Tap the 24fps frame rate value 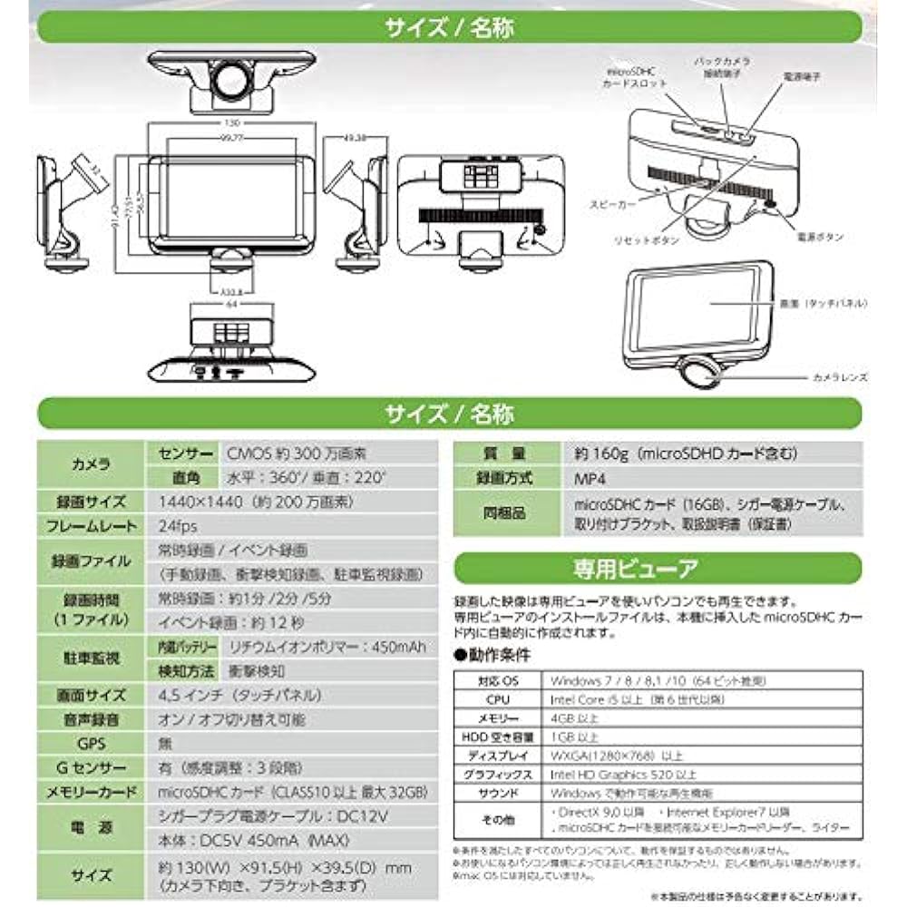pos(173,526)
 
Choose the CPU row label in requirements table pos(497,700)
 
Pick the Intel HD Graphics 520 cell pos(623,775)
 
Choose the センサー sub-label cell pos(184,452)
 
